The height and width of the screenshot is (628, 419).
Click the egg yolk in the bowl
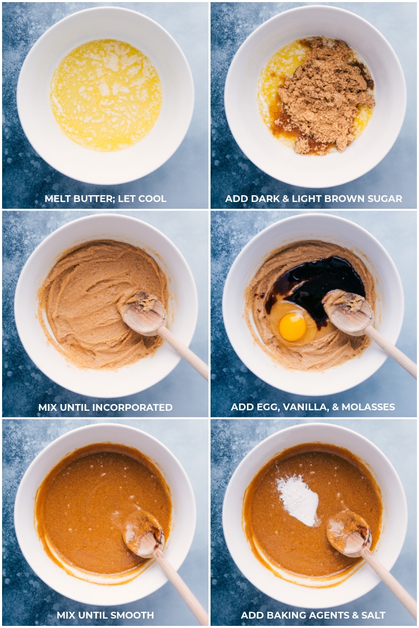pos(292,327)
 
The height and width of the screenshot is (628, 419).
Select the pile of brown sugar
pos(325,97)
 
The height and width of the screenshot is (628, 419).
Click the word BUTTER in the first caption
pos(91,199)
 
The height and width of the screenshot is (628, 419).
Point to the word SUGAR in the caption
pos(387,199)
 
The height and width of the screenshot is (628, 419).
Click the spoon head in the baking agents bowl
pos(348,533)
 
